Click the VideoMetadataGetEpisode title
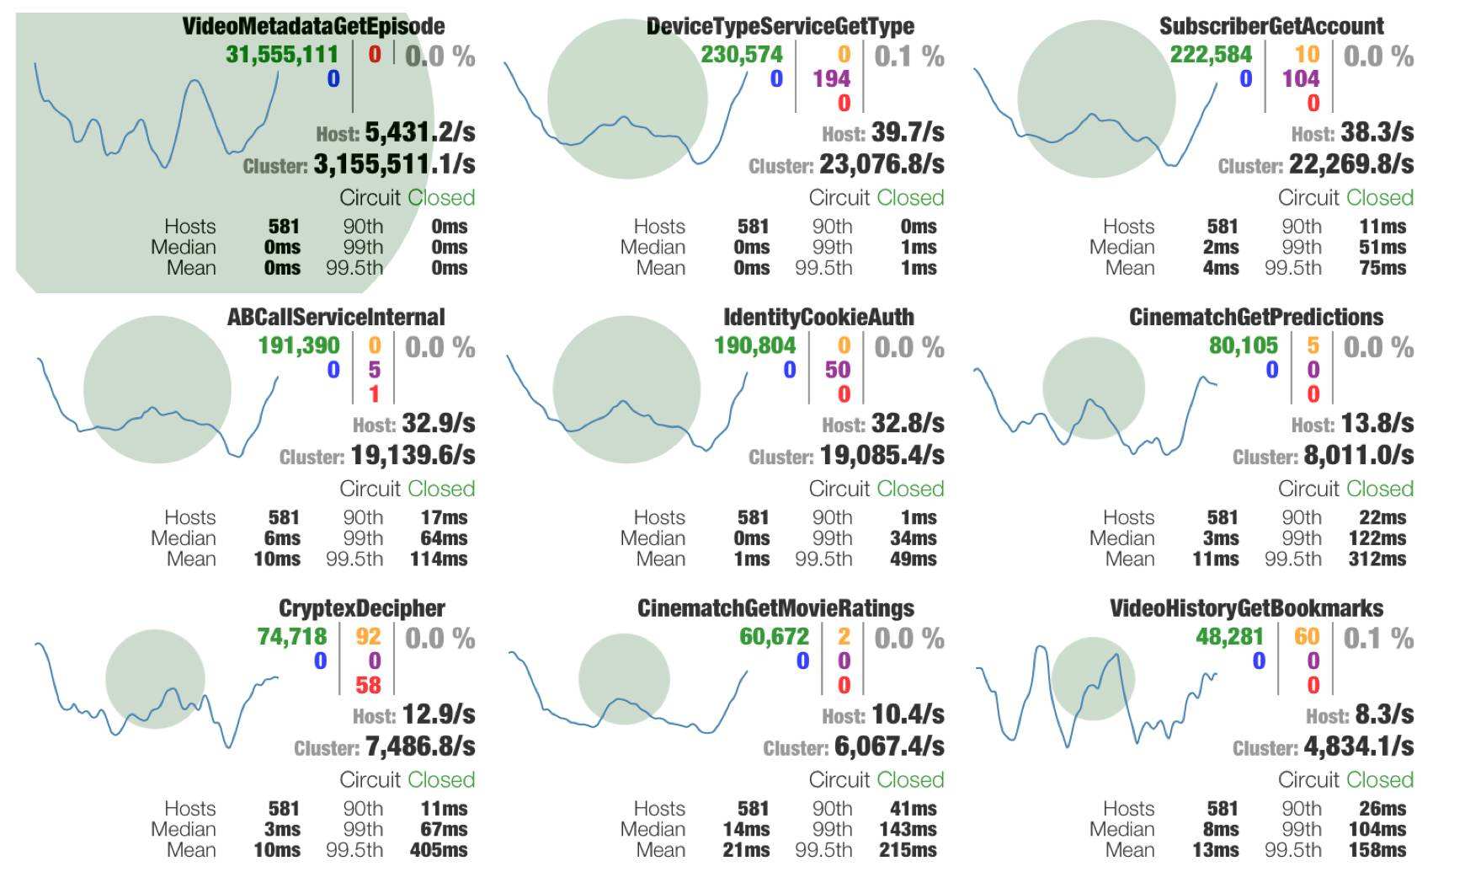point(313,26)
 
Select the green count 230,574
point(741,55)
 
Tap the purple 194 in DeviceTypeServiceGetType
point(831,79)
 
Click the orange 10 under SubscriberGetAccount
point(1307,55)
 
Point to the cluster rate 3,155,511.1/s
point(394,164)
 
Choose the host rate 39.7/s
point(908,132)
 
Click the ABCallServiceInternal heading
point(335,318)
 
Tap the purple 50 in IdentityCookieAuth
point(837,370)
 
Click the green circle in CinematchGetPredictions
point(1093,388)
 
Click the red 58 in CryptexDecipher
point(368,685)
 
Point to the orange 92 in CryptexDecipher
point(368,637)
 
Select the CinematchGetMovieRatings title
point(775,608)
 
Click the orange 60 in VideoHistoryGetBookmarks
point(1307,637)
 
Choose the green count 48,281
point(1229,637)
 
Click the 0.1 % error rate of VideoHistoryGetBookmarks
point(1378,639)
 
